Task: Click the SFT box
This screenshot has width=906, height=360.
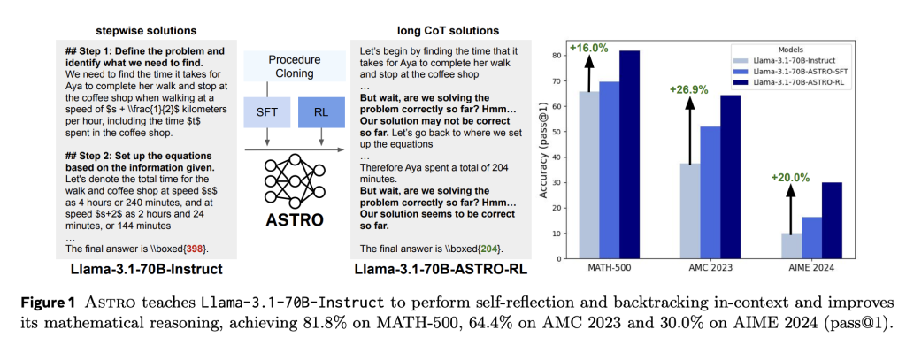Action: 265,112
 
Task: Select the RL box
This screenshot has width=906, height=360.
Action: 313,112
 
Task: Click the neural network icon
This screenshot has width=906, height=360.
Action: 288,177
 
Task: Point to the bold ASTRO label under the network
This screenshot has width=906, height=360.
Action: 288,220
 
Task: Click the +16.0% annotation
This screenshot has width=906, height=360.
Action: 588,49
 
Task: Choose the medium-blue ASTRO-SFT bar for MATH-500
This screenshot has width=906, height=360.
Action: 609,168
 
